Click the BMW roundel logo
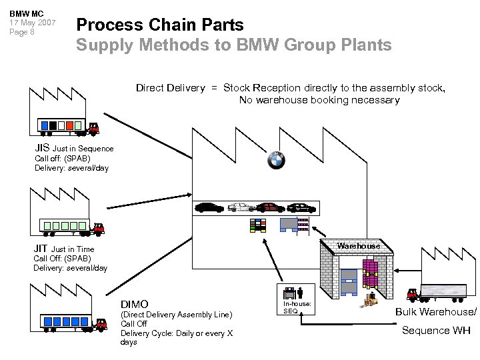pos(276,160)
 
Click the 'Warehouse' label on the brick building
pos(358,246)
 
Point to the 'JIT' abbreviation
pos(41,249)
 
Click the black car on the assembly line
pos(209,207)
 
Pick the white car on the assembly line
pos(241,207)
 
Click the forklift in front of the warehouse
pos(369,301)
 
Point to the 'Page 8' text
pos(23,32)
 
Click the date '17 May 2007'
pos(32,23)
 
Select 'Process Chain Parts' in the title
pos(160,25)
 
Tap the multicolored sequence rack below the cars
pos(257,225)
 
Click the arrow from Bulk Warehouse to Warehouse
pos(408,270)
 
